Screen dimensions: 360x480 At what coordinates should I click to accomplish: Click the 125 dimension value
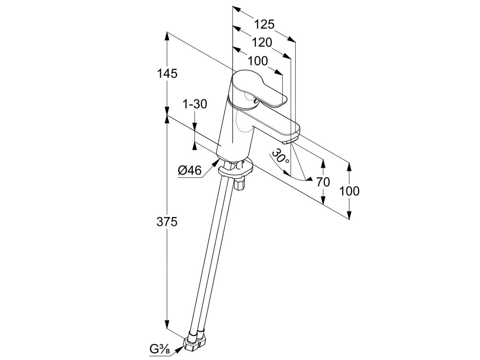tap(264, 24)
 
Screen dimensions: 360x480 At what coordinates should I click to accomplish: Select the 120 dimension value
tap(262, 43)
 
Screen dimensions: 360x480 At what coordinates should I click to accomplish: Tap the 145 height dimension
tap(167, 74)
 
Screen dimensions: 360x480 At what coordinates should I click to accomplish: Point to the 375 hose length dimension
tap(167, 222)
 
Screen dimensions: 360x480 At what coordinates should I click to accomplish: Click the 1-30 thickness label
tap(195, 104)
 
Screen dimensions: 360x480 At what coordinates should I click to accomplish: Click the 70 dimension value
tap(323, 182)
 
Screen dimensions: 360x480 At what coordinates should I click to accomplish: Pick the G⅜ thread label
tap(160, 348)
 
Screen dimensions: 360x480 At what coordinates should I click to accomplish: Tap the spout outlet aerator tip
tap(290, 140)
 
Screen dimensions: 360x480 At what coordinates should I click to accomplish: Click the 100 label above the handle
tap(257, 61)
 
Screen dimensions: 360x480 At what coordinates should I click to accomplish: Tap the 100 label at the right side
tap(350, 191)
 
